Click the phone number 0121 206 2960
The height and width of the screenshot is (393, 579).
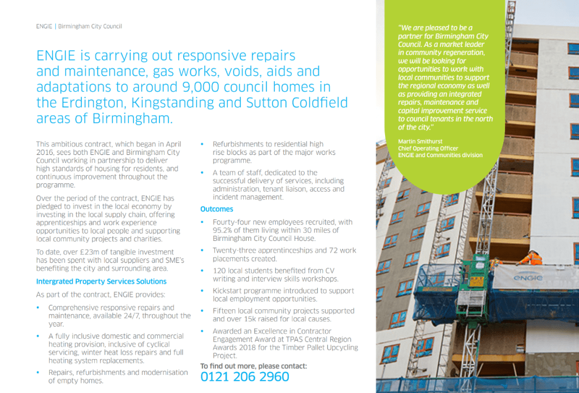click(245, 377)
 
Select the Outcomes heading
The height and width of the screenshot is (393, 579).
click(217, 209)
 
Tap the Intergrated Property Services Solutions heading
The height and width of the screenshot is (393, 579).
click(101, 281)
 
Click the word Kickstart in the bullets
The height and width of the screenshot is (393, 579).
click(228, 291)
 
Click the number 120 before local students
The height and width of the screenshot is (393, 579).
click(220, 271)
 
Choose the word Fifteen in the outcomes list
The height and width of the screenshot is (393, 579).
click(227, 310)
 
